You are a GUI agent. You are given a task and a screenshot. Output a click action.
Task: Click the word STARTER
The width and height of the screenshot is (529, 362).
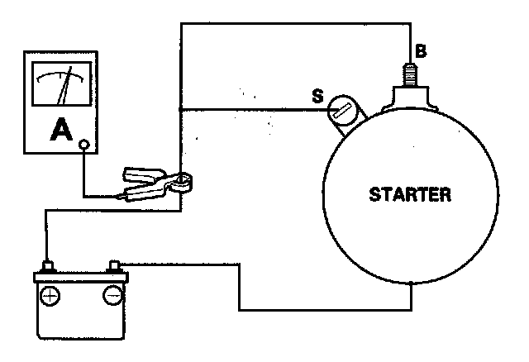tap(410, 196)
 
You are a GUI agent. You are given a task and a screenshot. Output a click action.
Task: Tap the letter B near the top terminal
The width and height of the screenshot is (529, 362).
tap(421, 52)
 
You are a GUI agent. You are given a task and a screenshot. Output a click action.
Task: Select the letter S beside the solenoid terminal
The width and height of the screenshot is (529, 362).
tap(316, 97)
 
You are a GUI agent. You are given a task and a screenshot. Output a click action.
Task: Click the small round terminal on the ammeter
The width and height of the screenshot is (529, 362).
tap(83, 146)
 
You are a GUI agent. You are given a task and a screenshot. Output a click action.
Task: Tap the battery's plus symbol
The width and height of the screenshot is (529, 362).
tap(50, 295)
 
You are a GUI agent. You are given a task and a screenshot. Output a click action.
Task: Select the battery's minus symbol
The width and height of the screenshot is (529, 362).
tap(113, 295)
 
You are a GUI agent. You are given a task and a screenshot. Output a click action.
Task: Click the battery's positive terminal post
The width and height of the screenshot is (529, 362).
tap(47, 268)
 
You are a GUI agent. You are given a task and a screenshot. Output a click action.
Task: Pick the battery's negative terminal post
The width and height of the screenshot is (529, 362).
tap(115, 267)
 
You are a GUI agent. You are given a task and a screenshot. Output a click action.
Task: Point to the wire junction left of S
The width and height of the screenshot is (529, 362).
tap(180, 108)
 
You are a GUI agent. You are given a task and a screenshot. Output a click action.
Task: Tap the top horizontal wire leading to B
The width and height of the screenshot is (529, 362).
tap(289, 24)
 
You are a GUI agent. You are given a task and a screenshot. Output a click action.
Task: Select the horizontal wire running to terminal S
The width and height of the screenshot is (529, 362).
tap(248, 108)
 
